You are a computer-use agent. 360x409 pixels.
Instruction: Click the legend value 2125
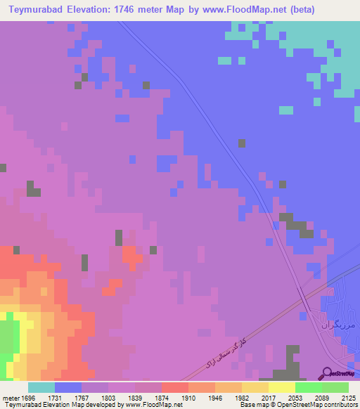(x=347, y=398)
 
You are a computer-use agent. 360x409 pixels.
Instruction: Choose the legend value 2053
(x=294, y=398)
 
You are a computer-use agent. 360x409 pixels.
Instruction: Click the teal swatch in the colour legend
(x=41, y=387)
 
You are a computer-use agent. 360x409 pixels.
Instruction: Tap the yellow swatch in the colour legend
(x=281, y=387)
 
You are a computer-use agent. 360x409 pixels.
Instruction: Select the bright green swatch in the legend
(x=308, y=387)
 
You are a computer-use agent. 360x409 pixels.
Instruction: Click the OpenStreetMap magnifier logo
(x=326, y=374)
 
